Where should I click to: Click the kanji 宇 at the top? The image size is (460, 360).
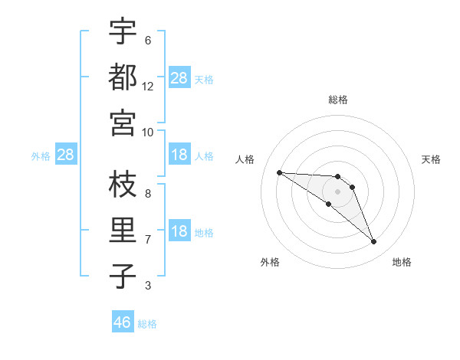(123, 31)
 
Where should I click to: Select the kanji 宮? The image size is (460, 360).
(123, 123)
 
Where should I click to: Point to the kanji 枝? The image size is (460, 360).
(123, 185)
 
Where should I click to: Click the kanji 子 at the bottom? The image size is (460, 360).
(123, 277)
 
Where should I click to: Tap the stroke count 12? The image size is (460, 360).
(148, 87)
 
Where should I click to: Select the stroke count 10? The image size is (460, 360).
(148, 132)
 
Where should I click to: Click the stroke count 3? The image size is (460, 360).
(148, 286)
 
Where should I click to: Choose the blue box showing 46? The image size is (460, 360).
(123, 322)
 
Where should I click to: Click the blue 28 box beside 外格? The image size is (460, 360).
(66, 155)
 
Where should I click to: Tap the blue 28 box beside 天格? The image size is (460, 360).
(179, 78)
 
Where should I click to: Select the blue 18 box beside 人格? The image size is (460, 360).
(179, 155)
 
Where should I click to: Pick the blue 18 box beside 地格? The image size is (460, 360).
(179, 232)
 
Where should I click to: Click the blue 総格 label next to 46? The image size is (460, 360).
(147, 324)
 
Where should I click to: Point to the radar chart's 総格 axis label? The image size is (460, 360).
(338, 100)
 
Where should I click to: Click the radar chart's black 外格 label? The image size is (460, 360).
(270, 263)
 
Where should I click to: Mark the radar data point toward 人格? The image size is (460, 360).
(280, 172)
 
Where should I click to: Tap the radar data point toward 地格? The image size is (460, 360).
(374, 242)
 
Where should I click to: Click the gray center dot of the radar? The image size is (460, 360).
(338, 191)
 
